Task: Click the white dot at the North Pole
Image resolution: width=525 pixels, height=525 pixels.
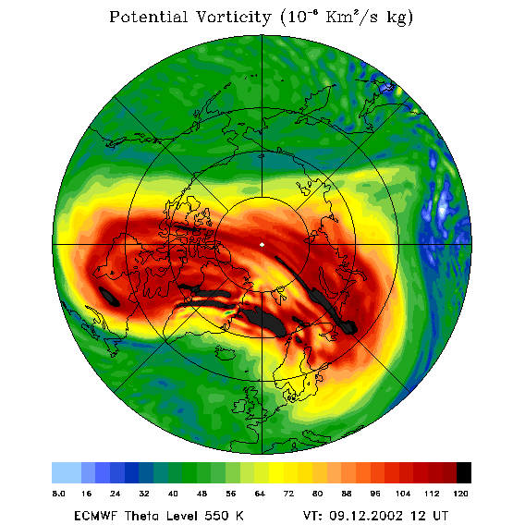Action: click(262, 245)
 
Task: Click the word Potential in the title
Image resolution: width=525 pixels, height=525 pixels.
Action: click(148, 17)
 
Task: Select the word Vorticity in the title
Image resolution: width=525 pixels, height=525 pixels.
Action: click(233, 18)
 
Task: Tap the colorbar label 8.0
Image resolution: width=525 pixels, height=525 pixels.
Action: click(58, 494)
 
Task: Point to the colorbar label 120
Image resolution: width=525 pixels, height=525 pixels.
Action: click(460, 494)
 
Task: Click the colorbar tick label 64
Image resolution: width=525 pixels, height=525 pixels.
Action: click(260, 494)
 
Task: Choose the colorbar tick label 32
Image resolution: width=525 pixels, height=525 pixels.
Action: click(144, 494)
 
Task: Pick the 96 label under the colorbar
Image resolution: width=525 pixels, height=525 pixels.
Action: click(375, 494)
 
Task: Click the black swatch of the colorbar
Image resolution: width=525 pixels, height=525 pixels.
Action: click(464, 472)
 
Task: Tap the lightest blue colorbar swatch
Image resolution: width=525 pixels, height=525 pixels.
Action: click(67, 472)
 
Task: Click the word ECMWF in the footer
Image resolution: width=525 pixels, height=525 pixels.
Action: click(96, 516)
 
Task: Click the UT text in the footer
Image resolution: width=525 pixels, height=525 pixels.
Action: click(439, 516)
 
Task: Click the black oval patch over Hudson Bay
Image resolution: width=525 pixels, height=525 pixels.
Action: click(109, 297)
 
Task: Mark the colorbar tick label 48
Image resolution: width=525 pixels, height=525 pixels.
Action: click(201, 494)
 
